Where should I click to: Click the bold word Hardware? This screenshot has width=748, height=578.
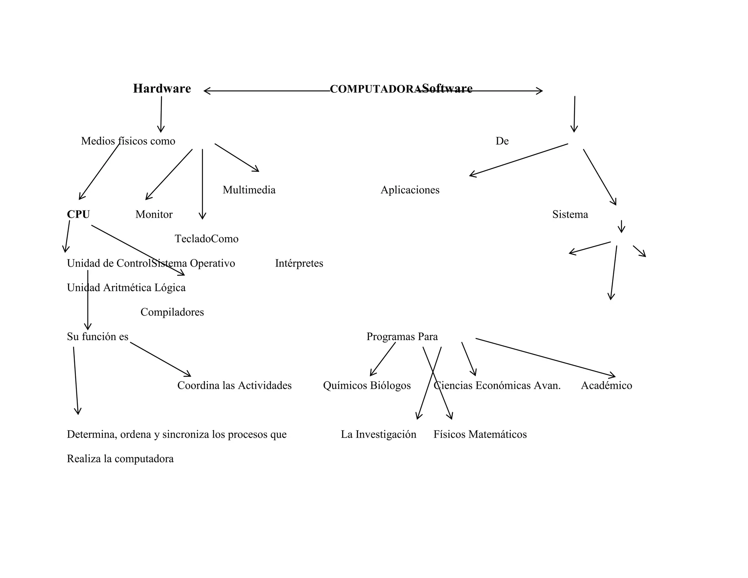[x=162, y=89]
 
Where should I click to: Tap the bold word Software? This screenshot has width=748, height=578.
[x=447, y=88]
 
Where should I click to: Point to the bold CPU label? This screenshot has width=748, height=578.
[x=78, y=214]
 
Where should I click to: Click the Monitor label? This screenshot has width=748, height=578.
[x=154, y=214]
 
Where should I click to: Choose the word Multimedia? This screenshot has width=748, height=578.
[x=249, y=190]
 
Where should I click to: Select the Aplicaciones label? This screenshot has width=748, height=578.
[x=410, y=190]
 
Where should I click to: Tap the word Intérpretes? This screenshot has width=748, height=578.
[x=299, y=263]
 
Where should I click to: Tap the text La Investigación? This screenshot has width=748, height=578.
[x=378, y=434]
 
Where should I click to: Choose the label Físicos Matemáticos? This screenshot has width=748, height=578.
[x=480, y=434]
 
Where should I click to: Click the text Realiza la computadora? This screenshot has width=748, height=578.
[x=120, y=459]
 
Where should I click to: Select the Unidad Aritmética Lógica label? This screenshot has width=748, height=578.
[x=126, y=288]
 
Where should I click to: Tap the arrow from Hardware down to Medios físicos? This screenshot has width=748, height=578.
[x=161, y=114]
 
